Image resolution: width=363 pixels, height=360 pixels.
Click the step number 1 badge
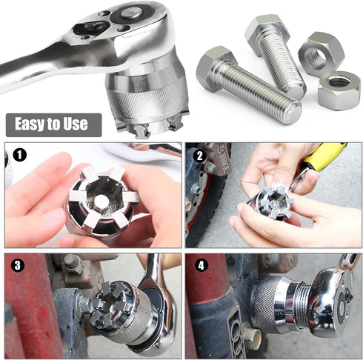point(17,156)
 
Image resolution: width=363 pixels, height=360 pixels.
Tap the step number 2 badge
point(199,156)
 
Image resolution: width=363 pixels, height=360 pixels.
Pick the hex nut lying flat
point(339,90)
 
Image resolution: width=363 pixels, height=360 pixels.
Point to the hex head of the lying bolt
point(216,69)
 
